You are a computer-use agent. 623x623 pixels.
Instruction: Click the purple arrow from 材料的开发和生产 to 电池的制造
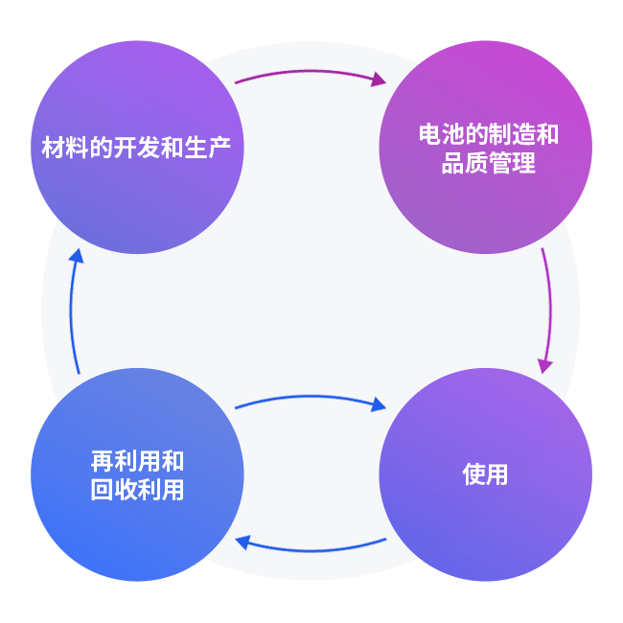pyautogui.click(x=307, y=71)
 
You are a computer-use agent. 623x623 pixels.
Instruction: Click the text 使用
pyautogui.click(x=485, y=474)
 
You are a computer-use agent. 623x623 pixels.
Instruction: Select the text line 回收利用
pyautogui.click(x=137, y=490)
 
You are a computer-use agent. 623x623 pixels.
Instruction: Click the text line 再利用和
pyautogui.click(x=137, y=461)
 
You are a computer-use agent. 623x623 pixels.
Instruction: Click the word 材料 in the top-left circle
pyautogui.click(x=60, y=148)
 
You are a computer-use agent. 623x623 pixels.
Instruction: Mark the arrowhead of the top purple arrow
pyautogui.click(x=379, y=80)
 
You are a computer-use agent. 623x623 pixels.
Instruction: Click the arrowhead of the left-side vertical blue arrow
pyautogui.click(x=77, y=257)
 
